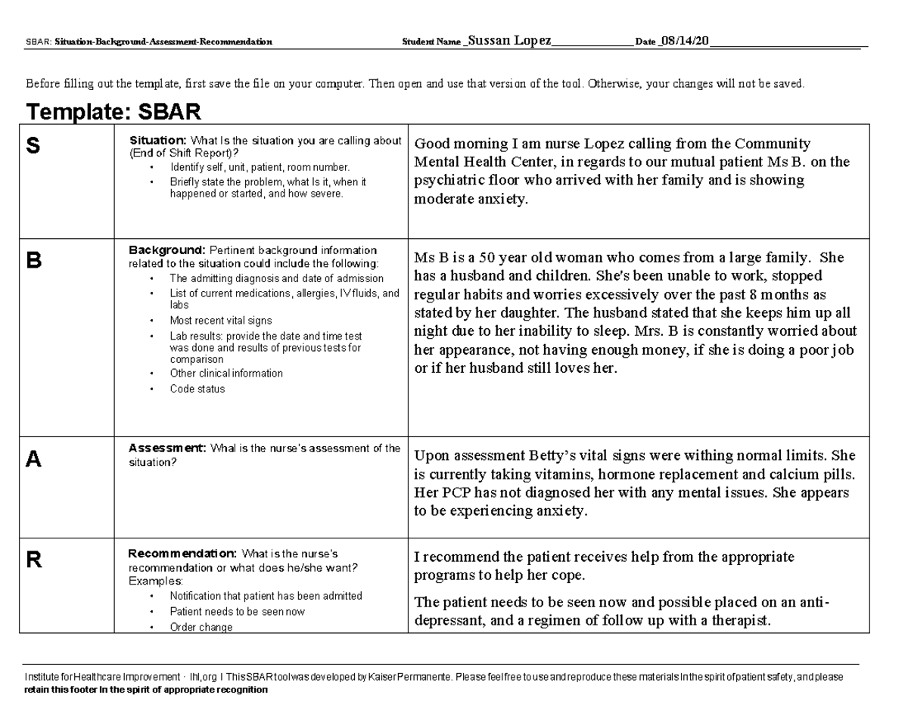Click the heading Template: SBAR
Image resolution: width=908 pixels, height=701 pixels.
[113, 113]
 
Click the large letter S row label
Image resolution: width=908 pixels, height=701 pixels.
[33, 147]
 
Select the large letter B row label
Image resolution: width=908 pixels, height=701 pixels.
[33, 261]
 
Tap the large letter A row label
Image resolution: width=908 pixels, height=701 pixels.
[33, 459]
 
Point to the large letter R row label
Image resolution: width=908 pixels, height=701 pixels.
[33, 560]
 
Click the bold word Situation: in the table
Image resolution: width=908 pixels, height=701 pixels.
[157, 140]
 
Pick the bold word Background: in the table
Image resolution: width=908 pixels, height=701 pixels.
[167, 250]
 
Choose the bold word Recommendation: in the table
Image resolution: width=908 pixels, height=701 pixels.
[182, 553]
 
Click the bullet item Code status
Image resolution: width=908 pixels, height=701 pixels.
[197, 389]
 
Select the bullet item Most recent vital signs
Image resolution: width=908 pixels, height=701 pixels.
[221, 320]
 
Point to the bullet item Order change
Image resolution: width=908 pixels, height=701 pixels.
[201, 627]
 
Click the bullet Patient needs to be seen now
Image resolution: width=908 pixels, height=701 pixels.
[238, 611]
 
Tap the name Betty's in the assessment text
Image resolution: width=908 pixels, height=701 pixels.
[552, 455]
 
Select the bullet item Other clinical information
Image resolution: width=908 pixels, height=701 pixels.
[226, 373]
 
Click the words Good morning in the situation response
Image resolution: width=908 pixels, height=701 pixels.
[452, 144]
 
